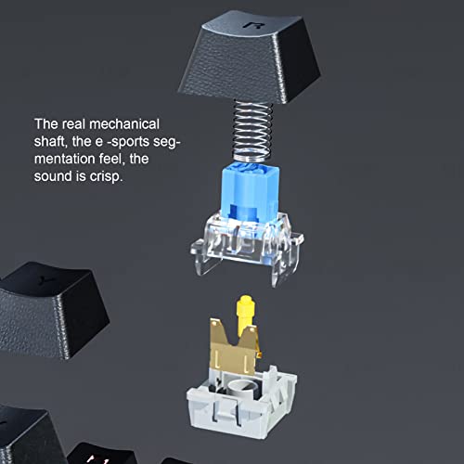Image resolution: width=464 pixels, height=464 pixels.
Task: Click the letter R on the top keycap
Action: click(253, 25)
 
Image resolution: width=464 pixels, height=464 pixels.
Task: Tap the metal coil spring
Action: click(252, 132)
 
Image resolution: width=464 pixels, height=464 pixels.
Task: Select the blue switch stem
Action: click(250, 192)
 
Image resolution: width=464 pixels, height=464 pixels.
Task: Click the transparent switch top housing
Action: click(247, 244)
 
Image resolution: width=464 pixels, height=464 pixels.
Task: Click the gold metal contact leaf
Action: click(235, 346)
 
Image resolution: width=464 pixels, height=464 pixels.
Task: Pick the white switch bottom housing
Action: click(241, 402)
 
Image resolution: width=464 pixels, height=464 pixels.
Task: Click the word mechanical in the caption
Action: click(124, 124)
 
